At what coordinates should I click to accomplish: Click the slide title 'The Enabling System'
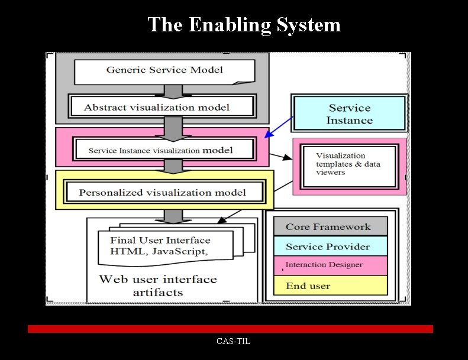[x=244, y=25]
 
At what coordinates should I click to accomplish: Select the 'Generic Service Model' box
[x=164, y=70]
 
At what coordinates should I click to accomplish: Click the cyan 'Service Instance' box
[x=350, y=114]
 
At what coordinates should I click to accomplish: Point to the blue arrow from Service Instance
[x=279, y=127]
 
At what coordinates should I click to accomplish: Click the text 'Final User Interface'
[x=160, y=240]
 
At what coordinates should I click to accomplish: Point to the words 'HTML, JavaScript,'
[x=159, y=251]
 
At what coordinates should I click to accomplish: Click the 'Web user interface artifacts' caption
[x=158, y=286]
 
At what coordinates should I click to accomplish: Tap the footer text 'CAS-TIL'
[x=233, y=341]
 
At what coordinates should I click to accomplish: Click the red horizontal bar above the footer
[x=230, y=329]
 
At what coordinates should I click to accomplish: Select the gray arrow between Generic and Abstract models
[x=173, y=91]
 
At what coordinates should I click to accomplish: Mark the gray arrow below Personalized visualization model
[x=173, y=216]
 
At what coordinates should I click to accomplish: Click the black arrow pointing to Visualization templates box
[x=282, y=157]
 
